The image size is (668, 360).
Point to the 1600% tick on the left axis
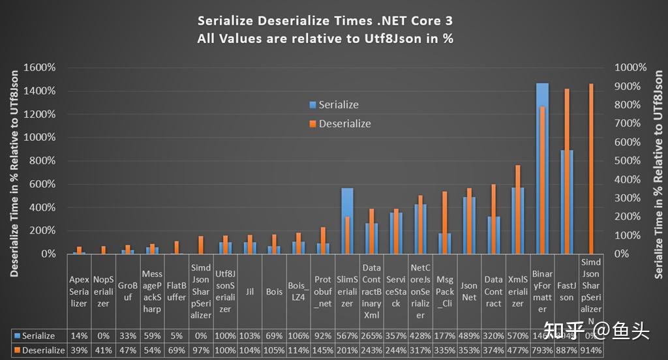[x=40, y=68]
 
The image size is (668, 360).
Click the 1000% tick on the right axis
[x=630, y=68]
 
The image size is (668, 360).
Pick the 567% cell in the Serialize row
[x=347, y=336]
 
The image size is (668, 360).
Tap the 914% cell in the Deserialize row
[x=591, y=350]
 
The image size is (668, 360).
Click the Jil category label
[x=250, y=292]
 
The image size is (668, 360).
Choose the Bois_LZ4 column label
[x=298, y=292]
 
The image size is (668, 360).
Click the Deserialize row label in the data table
[x=39, y=350]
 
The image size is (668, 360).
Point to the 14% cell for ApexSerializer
[x=79, y=336]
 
